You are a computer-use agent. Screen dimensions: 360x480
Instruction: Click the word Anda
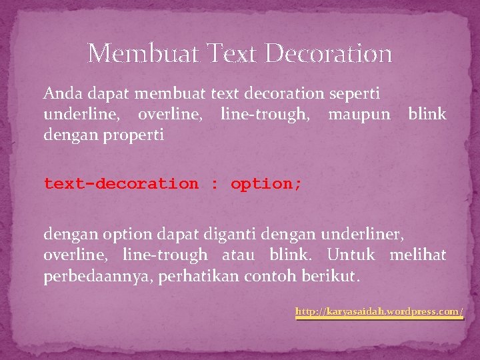[59, 94]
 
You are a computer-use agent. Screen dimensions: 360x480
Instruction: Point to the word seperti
[357, 94]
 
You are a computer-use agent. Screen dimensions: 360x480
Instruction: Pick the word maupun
[359, 115]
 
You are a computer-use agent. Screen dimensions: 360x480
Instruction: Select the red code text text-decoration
[121, 183]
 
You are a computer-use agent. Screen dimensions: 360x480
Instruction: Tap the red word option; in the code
[266, 183]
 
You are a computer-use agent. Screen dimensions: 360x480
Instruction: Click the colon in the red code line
[214, 183]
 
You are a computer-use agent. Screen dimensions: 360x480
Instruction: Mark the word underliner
[363, 234]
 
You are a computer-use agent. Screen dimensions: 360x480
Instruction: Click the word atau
[238, 255]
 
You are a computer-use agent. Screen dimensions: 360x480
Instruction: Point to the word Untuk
[351, 255]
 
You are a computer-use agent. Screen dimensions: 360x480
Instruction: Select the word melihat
[417, 255]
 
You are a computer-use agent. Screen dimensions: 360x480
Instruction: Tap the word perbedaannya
[97, 275]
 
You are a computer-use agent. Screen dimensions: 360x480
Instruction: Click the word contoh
[275, 275]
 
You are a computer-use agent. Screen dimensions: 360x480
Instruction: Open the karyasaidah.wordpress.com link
[379, 311]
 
